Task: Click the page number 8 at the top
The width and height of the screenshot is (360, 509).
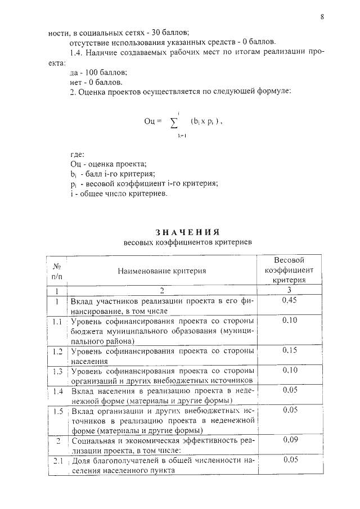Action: (x=322, y=17)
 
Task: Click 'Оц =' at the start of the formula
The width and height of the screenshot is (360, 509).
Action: (x=152, y=121)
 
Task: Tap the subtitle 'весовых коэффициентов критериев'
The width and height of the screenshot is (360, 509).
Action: (x=187, y=242)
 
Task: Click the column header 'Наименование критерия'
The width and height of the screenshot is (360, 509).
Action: (x=161, y=271)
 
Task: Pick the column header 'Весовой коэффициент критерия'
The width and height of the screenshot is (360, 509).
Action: (x=289, y=270)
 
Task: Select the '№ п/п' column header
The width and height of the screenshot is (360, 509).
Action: (x=57, y=271)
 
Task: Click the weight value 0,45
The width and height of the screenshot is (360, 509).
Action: (x=289, y=301)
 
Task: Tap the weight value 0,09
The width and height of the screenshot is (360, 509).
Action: (x=289, y=440)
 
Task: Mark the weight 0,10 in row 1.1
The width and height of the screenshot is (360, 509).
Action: (x=289, y=320)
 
